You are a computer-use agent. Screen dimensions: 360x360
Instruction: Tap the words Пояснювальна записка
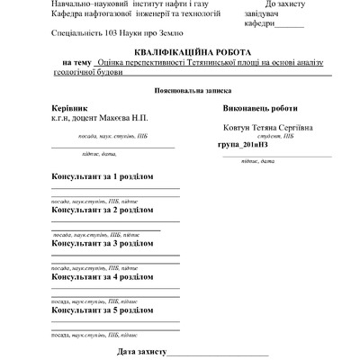coord(179,92)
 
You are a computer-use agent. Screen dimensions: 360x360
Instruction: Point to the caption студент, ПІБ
coord(269,136)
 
